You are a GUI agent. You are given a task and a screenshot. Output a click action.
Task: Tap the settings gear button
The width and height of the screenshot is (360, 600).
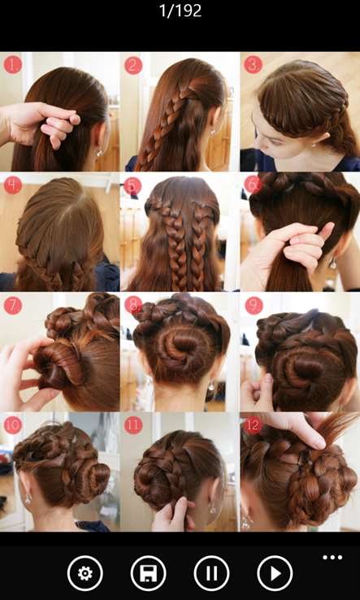(x=85, y=573)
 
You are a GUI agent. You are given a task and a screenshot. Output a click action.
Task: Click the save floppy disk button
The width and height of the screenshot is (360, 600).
(x=149, y=573)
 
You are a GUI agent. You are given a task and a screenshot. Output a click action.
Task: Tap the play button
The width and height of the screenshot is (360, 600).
(x=275, y=573)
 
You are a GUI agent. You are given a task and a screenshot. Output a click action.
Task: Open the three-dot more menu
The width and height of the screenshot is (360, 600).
(x=332, y=557)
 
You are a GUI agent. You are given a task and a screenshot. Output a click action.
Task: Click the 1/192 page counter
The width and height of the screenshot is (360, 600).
(x=180, y=11)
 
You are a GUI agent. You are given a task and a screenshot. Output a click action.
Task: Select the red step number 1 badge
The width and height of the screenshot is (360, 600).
(x=13, y=65)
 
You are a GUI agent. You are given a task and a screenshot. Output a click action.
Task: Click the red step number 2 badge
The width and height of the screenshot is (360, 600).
(x=133, y=65)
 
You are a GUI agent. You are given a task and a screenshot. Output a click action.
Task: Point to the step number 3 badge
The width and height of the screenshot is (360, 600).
(x=253, y=65)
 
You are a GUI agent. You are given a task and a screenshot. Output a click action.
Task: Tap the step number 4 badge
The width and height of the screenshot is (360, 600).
(x=13, y=185)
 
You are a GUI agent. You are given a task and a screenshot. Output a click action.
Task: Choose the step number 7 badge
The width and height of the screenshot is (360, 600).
(x=13, y=306)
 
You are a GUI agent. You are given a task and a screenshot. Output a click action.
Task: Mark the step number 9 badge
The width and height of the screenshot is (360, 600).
(x=254, y=306)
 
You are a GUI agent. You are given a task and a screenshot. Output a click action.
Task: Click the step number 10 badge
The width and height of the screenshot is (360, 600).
(x=13, y=425)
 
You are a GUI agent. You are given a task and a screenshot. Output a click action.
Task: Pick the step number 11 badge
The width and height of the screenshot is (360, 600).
(x=133, y=425)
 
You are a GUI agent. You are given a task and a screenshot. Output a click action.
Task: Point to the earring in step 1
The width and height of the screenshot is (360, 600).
(x=100, y=153)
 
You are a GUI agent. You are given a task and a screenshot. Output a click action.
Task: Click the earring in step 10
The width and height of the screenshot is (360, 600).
(x=28, y=499)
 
